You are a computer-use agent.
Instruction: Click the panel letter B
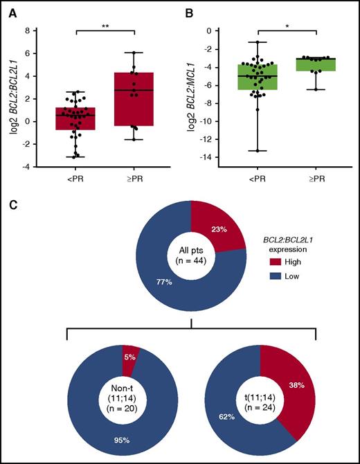[x=187, y=10]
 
